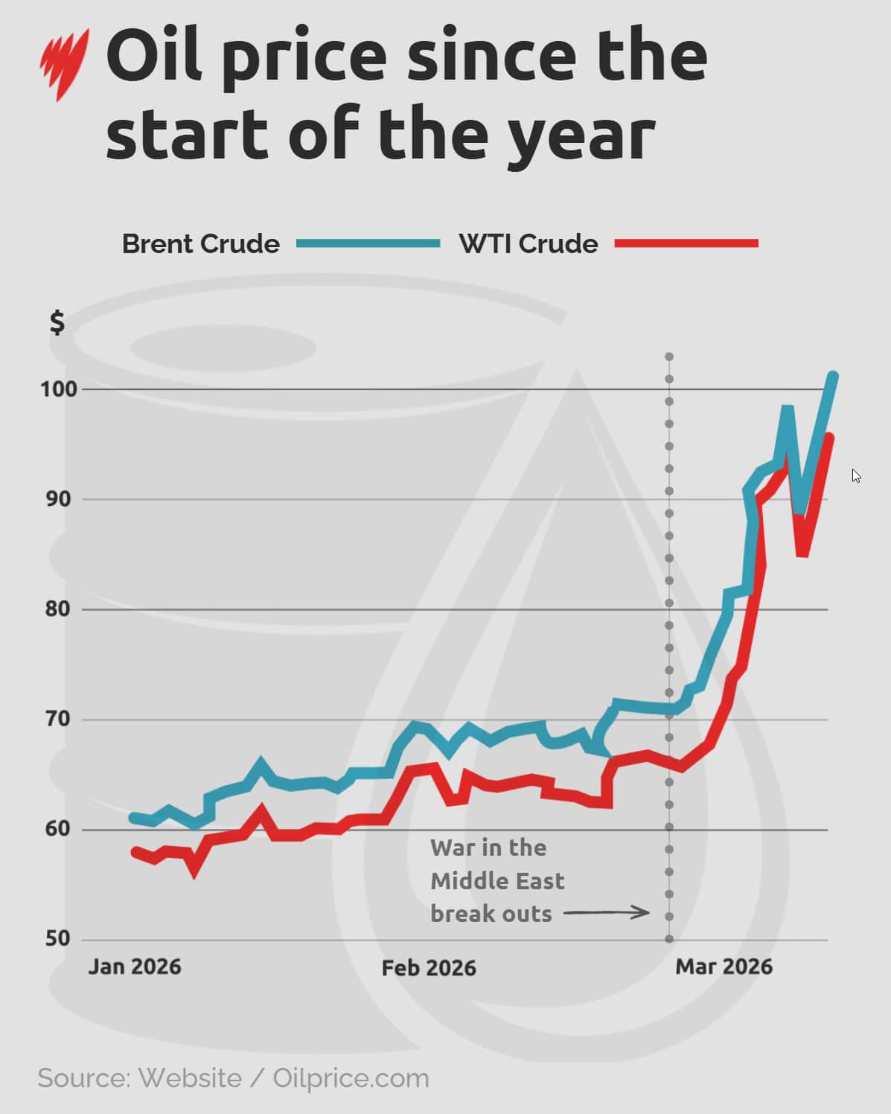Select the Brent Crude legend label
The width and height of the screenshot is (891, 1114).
pyautogui.click(x=201, y=244)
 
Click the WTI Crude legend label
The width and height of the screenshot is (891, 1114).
pyautogui.click(x=528, y=244)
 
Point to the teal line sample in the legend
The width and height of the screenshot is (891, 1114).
pyautogui.click(x=368, y=243)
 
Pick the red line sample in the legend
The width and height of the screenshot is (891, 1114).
pyautogui.click(x=686, y=243)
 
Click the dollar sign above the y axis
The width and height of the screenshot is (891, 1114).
pyautogui.click(x=57, y=323)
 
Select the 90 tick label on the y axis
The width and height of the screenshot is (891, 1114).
pyautogui.click(x=58, y=499)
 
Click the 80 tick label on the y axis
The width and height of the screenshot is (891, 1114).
pyautogui.click(x=58, y=609)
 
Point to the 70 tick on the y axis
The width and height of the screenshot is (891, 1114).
pyautogui.click(x=58, y=720)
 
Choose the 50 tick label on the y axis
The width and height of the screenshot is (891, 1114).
pyautogui.click(x=58, y=939)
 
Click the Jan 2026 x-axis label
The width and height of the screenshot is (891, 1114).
pyautogui.click(x=135, y=967)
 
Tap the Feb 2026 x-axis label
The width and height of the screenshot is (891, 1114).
pyautogui.click(x=429, y=967)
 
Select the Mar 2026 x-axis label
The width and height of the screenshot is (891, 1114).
pyautogui.click(x=724, y=967)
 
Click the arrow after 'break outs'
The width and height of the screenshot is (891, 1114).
pyautogui.click(x=606, y=912)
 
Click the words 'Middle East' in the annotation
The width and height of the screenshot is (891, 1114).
pyautogui.click(x=497, y=881)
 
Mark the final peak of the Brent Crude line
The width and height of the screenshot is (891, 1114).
pyautogui.click(x=833, y=377)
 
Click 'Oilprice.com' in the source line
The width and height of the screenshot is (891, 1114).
pyautogui.click(x=351, y=1078)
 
